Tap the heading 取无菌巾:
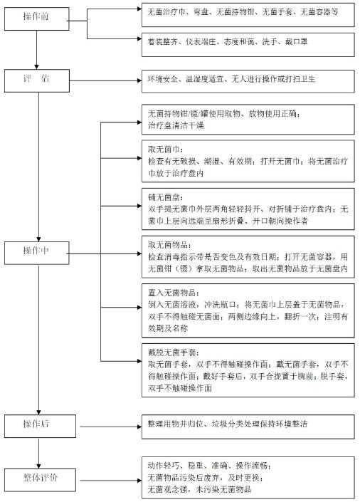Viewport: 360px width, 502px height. point(165,150)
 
